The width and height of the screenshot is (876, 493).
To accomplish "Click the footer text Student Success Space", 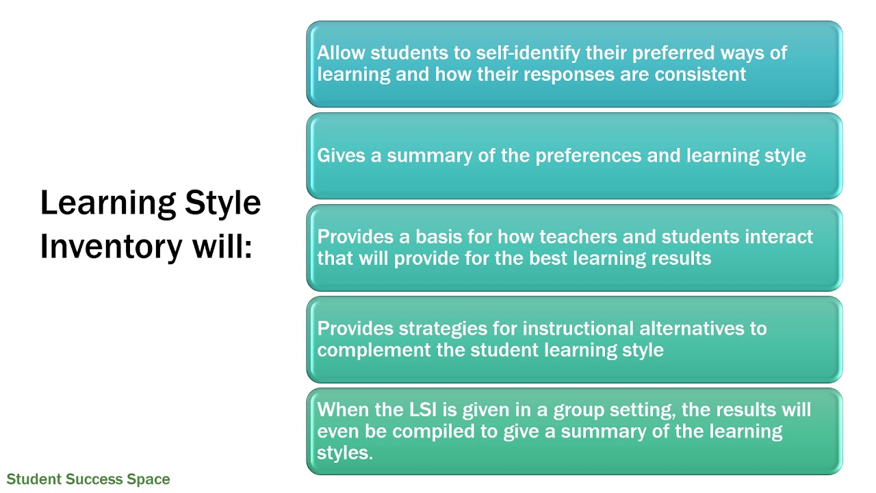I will tap(88, 479).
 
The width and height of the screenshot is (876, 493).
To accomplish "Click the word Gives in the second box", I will tap(341, 155).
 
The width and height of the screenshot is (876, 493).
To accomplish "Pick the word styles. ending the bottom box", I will tap(345, 453).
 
